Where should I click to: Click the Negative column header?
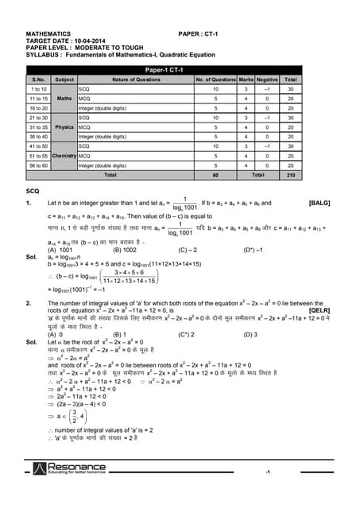[x=268, y=80]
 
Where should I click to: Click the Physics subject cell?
[x=65, y=126]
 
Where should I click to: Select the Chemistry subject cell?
[x=65, y=156]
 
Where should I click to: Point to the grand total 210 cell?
[x=291, y=174]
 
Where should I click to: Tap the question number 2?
[x=29, y=303]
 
